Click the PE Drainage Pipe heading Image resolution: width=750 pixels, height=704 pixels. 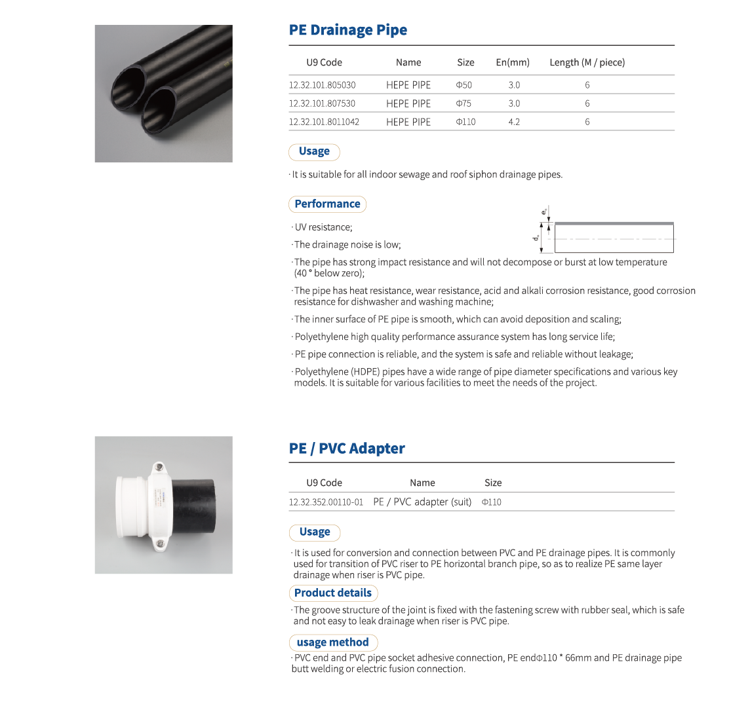tap(348, 30)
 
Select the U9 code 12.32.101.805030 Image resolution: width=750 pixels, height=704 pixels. tap(322, 85)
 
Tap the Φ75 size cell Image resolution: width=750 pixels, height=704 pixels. tap(464, 103)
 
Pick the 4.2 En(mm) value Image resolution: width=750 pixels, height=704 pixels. tap(514, 122)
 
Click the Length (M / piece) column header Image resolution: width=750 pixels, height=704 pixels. tap(587, 62)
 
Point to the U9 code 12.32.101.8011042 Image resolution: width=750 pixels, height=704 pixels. tap(324, 122)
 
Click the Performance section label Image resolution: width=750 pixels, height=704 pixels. tap(327, 204)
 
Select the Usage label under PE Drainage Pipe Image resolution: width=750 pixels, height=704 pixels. tap(314, 151)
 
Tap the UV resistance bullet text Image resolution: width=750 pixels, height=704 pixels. tap(323, 227)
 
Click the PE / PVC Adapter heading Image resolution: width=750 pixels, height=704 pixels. tap(347, 449)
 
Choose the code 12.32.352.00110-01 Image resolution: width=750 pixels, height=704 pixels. tap(326, 502)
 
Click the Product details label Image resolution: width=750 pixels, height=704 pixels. tap(332, 593)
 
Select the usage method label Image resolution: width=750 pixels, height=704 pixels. tap(333, 642)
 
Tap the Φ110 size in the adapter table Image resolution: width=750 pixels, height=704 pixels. tap(491, 502)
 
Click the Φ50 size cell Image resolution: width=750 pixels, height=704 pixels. tap(464, 85)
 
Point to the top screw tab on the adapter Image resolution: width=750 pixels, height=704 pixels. tap(159, 468)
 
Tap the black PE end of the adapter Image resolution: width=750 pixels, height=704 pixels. tap(201, 504)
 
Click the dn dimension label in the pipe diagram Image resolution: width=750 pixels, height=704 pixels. tap(536, 237)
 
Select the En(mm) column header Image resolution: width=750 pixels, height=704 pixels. tap(513, 62)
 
